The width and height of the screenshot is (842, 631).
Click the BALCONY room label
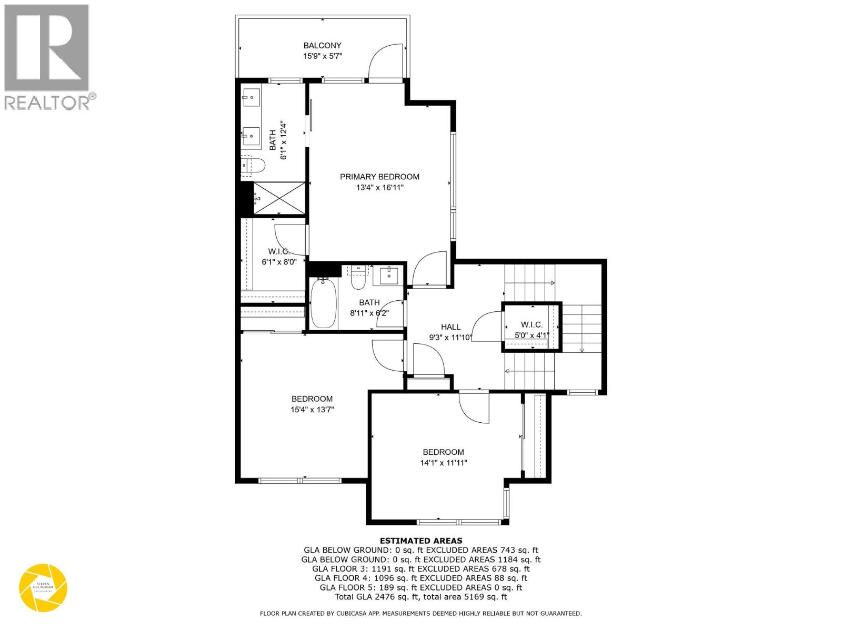tap(322, 46)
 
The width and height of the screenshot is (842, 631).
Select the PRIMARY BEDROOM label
tap(379, 177)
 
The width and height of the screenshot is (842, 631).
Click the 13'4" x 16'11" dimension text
tap(379, 188)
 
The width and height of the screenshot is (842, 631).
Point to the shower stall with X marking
tap(279, 198)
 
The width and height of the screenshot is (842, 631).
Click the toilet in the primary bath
tap(254, 166)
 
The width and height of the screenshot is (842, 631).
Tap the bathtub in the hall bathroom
tap(320, 304)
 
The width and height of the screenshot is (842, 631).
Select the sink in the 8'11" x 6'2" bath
tap(389, 275)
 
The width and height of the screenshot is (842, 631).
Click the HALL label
tap(450, 327)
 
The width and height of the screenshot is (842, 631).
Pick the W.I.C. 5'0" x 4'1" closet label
tap(532, 330)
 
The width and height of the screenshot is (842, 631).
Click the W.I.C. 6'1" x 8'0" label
tap(279, 257)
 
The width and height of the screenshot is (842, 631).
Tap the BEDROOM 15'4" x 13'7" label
tap(312, 404)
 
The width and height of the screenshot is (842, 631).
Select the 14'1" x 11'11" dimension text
tap(444, 463)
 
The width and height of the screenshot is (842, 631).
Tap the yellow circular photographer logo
tap(43, 587)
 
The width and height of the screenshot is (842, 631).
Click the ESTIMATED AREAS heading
tap(421, 541)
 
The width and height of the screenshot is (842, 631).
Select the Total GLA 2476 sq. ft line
tap(421, 597)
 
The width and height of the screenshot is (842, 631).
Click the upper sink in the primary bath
tap(251, 97)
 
